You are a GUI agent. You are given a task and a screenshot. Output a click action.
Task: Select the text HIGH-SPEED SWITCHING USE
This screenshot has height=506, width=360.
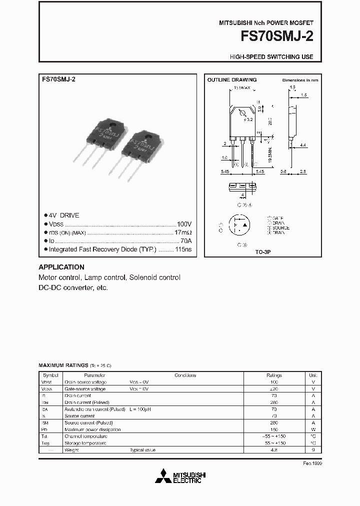pos(271,57)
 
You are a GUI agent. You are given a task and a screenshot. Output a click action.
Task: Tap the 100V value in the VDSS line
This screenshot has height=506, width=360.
pos(184,224)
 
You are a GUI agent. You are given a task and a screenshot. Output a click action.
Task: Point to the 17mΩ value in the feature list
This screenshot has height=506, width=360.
pos(183,232)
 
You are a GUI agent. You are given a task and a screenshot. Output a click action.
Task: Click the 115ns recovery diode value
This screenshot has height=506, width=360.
pos(183,249)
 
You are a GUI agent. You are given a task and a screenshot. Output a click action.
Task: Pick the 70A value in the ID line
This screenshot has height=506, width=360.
pos(185,240)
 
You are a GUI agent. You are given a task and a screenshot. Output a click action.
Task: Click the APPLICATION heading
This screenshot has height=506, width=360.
pos(61,267)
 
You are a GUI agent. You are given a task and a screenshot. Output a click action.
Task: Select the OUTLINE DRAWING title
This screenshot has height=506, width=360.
pos(231,80)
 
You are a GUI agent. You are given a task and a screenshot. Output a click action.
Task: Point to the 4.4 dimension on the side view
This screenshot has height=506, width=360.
pos(303,145)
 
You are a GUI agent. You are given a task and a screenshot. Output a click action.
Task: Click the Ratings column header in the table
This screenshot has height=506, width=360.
pos(274,375)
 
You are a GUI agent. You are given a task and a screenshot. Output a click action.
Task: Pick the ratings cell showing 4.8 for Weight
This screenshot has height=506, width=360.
pos(274,450)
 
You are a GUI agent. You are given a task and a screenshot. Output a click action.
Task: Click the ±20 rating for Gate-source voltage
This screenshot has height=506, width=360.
pos(274,388)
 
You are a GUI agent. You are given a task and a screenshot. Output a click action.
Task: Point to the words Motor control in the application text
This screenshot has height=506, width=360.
pos(59,277)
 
